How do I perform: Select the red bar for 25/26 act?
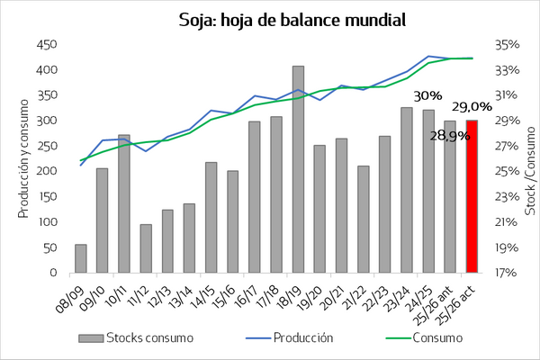click(471, 196)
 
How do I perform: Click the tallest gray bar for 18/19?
click(297, 169)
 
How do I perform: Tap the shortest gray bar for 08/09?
click(80, 258)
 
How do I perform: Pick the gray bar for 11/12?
click(146, 248)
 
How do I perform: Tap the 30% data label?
click(427, 95)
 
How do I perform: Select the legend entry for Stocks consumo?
click(149, 338)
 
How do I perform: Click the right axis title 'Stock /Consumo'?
click(530, 158)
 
